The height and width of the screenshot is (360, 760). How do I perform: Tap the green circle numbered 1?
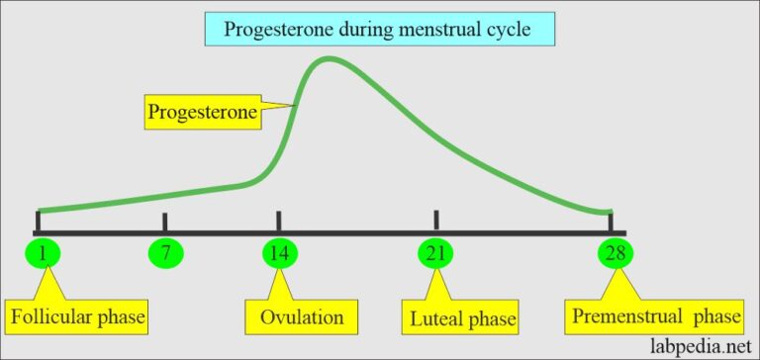click(x=43, y=254)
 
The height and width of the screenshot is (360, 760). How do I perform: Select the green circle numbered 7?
click(x=165, y=254)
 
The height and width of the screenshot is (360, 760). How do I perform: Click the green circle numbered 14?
click(x=279, y=254)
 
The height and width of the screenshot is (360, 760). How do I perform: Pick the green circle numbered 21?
click(x=435, y=254)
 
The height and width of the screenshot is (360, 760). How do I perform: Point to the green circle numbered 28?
click(x=615, y=254)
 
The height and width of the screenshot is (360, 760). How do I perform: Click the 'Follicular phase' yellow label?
click(x=77, y=317)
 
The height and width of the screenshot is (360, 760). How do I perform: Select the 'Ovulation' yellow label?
click(x=301, y=317)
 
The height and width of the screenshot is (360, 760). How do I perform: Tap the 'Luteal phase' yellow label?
click(x=463, y=318)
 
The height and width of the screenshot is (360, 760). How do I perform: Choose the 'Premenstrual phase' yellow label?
click(x=655, y=317)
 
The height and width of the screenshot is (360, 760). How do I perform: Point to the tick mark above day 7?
click(x=165, y=222)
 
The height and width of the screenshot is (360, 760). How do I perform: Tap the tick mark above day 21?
click(x=435, y=220)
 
